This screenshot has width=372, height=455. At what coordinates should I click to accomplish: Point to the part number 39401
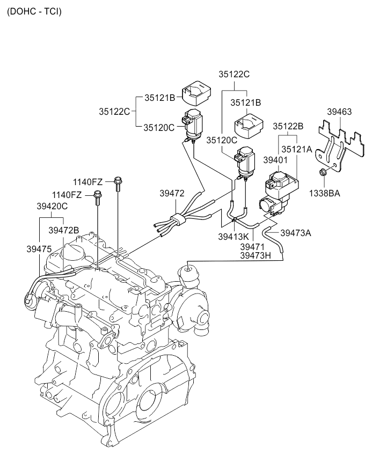[x=275, y=160]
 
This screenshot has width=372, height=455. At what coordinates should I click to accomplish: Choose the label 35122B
[x=288, y=126]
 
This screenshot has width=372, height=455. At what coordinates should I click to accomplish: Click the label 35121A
[x=297, y=150]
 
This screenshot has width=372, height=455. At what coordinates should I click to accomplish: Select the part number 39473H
[x=257, y=256]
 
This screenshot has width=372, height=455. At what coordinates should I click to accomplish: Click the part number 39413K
[x=234, y=237]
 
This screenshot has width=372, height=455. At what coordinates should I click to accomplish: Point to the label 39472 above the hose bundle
[x=172, y=193]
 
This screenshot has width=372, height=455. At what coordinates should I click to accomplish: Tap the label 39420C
[x=52, y=206]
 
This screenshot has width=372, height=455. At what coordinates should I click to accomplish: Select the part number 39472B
[x=64, y=230]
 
